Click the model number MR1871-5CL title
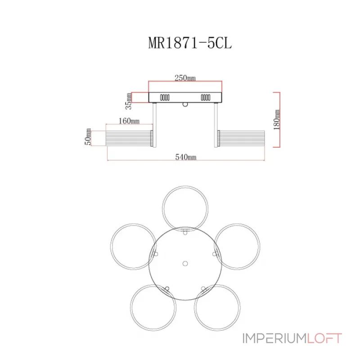[190, 43]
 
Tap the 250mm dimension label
[185, 78]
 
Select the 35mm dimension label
[129, 101]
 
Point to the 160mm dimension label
[129, 121]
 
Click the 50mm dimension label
[88, 137]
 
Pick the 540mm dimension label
[186, 157]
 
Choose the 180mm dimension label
[277, 120]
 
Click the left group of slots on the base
[165, 98]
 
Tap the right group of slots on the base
[206, 98]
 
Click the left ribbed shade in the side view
[129, 138]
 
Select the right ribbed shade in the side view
[241, 138]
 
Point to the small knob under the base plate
[185, 105]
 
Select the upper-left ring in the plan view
[111, 247]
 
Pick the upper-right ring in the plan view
[260, 247]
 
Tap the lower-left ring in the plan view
[131, 308]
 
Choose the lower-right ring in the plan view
[240, 308]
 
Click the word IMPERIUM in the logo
[274, 338]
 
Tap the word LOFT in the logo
[324, 338]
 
